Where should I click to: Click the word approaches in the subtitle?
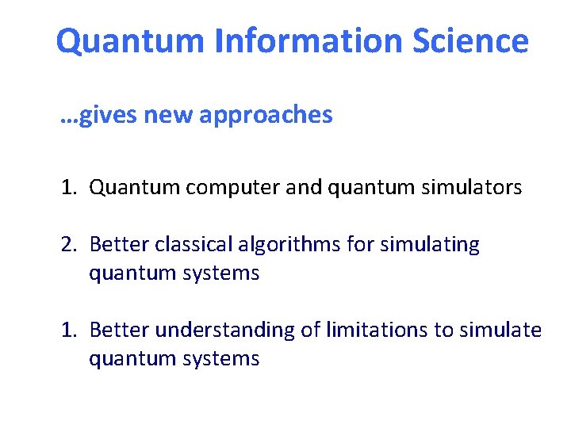[266, 116]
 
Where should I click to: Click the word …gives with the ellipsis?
[99, 116]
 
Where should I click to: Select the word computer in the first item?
[232, 188]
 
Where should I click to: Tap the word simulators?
[473, 188]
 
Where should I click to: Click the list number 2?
[69, 244]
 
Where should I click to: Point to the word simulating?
[430, 244]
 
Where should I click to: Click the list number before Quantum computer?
[69, 188]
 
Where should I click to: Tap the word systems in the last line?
[223, 358]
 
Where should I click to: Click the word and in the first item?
[301, 188]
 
